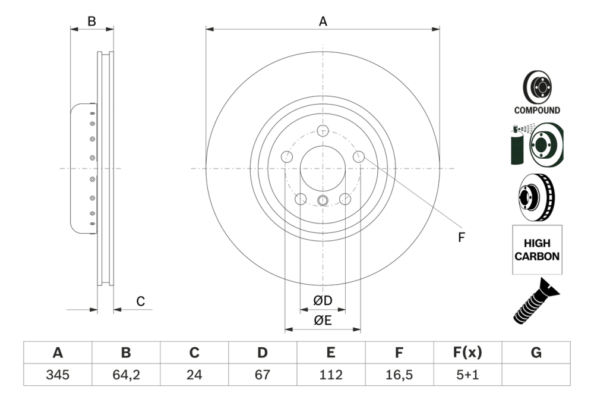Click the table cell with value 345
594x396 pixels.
pyautogui.click(x=58, y=375)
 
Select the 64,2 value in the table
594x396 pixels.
pyautogui.click(x=126, y=375)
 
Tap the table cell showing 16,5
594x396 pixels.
pyautogui.click(x=399, y=375)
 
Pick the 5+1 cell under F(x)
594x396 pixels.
pyautogui.click(x=468, y=375)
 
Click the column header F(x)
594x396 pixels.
pyautogui.click(x=468, y=353)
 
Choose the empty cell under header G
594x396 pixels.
pyautogui.click(x=536, y=375)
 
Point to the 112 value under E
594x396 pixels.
pyautogui.click(x=331, y=375)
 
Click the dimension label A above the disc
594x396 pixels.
pyautogui.click(x=323, y=22)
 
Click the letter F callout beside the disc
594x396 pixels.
pyautogui.click(x=461, y=237)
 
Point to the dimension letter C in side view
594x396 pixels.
pyautogui.click(x=141, y=301)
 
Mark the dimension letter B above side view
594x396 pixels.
pyautogui.click(x=91, y=21)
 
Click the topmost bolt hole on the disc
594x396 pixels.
pyautogui.click(x=323, y=131)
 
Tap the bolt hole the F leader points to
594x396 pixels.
pyautogui.click(x=358, y=156)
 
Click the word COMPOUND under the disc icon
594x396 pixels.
pyautogui.click(x=537, y=110)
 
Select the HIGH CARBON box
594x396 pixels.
pyautogui.click(x=537, y=250)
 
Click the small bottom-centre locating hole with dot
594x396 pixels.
pyautogui.click(x=323, y=199)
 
